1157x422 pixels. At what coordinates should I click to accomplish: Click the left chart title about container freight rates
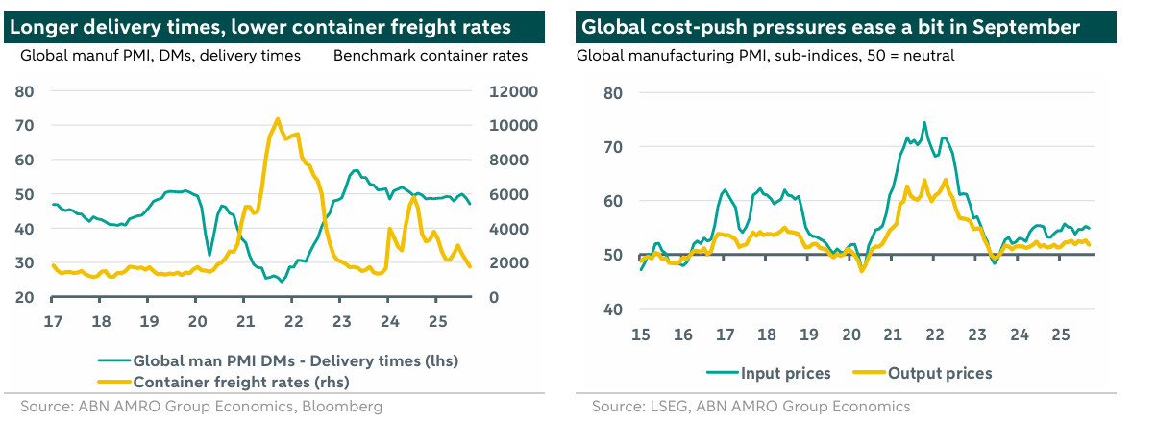tap(260, 27)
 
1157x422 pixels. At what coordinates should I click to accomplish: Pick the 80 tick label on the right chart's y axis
tap(613, 93)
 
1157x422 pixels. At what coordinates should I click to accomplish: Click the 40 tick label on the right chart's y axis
tap(613, 309)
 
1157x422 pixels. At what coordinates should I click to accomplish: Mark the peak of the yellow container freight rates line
tap(277, 119)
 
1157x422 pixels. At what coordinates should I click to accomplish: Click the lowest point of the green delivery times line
tap(282, 282)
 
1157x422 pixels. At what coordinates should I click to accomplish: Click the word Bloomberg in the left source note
tap(343, 407)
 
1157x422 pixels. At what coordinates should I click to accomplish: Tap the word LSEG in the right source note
tap(665, 407)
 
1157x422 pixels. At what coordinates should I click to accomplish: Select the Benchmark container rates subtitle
tap(431, 56)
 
